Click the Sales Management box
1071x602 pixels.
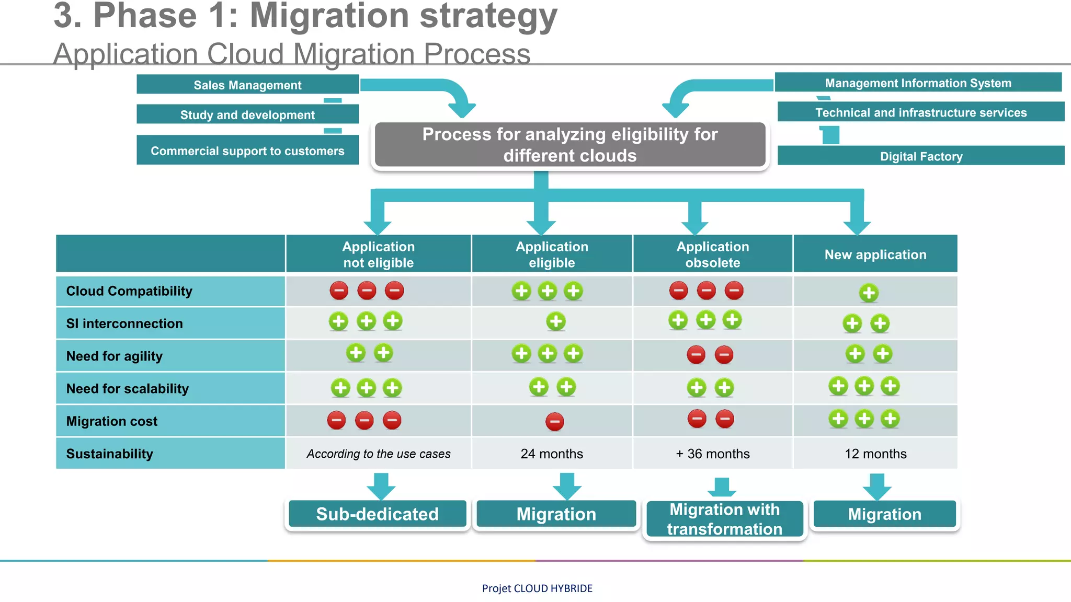tap(247, 85)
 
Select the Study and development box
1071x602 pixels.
tap(247, 114)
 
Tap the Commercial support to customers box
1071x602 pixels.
tap(247, 150)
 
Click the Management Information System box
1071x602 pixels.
tap(918, 83)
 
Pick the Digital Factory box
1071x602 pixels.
tap(920, 156)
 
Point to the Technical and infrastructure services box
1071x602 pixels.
tap(920, 112)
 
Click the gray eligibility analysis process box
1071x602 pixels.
tap(570, 145)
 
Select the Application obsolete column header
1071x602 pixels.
tap(712, 254)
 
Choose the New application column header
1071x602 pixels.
tap(875, 254)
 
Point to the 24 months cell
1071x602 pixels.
tap(552, 454)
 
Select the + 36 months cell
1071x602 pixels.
tap(712, 454)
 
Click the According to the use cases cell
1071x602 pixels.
tap(379, 454)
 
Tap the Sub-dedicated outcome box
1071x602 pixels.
tap(377, 514)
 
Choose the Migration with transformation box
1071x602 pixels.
tap(724, 519)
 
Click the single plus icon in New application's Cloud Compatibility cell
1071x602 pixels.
tap(869, 293)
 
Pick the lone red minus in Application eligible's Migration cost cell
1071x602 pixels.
tap(554, 421)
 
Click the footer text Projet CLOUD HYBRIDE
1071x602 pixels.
tap(537, 588)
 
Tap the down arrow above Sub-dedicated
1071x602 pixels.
tap(381, 486)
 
